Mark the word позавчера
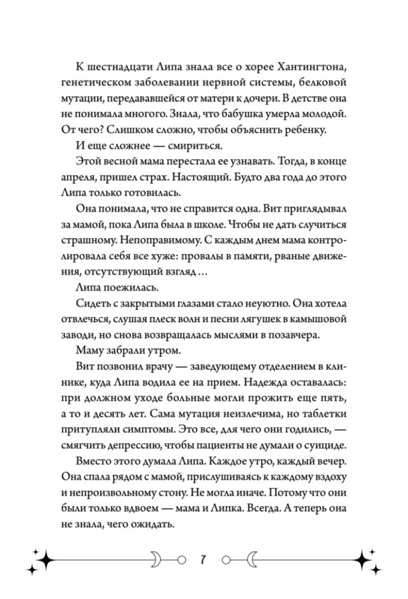coord(301,336)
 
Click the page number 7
coord(203,561)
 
